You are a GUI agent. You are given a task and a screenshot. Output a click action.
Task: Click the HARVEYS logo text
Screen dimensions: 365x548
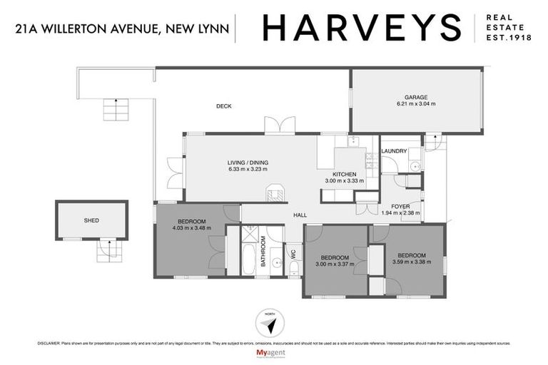tap(362, 28)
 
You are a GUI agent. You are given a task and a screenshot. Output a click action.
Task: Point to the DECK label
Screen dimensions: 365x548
tap(224, 107)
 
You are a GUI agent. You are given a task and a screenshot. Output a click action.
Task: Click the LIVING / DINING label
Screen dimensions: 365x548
tap(247, 162)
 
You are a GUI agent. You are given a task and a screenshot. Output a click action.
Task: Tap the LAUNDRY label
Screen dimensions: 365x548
tap(394, 151)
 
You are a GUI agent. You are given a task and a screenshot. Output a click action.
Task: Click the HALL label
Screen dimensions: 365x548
tap(300, 214)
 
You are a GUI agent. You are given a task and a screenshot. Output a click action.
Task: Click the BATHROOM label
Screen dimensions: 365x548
tap(263, 252)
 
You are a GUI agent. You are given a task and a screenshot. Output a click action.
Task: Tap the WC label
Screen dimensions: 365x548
tap(293, 252)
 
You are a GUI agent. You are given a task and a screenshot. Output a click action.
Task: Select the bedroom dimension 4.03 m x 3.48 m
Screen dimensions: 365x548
tap(189, 228)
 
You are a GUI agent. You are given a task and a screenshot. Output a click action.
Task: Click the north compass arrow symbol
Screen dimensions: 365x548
tap(269, 324)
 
